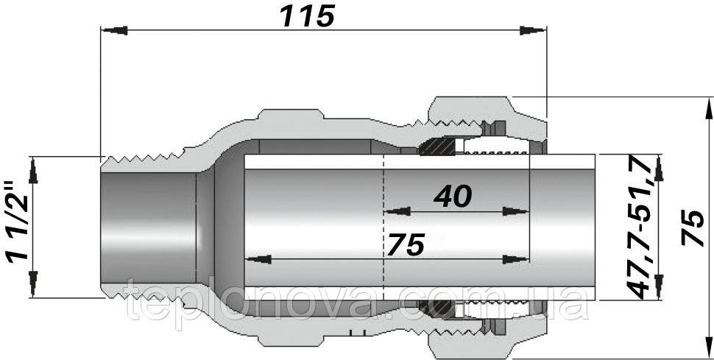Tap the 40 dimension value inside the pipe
point(452,196)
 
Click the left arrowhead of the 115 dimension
point(110,30)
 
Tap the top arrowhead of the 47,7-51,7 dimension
point(659,166)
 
